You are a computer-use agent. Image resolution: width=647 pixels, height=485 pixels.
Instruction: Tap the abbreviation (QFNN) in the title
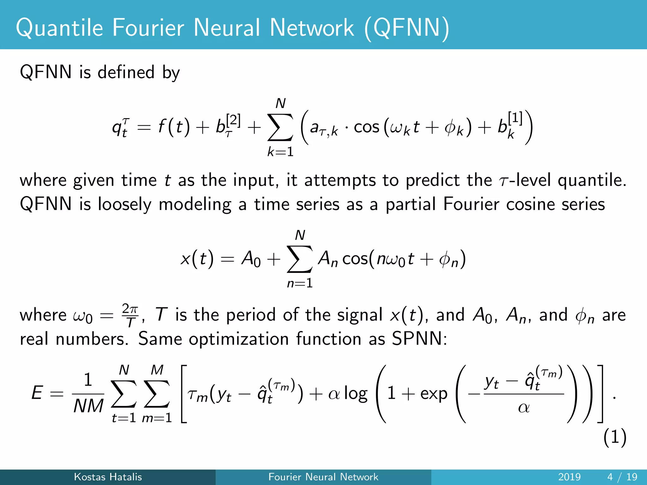point(407,28)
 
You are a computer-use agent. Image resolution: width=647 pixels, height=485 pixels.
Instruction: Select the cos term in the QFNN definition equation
point(366,127)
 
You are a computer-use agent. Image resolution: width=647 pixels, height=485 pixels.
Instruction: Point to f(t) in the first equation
point(174,127)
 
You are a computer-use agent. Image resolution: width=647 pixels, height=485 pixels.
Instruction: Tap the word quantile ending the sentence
point(591,180)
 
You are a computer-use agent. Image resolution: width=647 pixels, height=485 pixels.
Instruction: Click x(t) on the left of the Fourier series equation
point(197,259)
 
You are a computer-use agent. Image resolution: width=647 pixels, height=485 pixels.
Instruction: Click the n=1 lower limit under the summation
point(300,283)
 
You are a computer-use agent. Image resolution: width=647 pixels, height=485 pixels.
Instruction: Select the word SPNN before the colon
point(417,339)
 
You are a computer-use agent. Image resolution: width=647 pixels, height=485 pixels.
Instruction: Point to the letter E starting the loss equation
point(37,393)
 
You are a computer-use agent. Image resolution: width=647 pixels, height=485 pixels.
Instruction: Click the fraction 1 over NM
point(88,393)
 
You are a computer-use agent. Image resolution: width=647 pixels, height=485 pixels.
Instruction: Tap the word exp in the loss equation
point(433,394)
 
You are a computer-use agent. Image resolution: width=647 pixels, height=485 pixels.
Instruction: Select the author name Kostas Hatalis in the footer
point(108,477)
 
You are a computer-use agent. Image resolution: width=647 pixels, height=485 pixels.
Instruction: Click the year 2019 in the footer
point(569,477)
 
